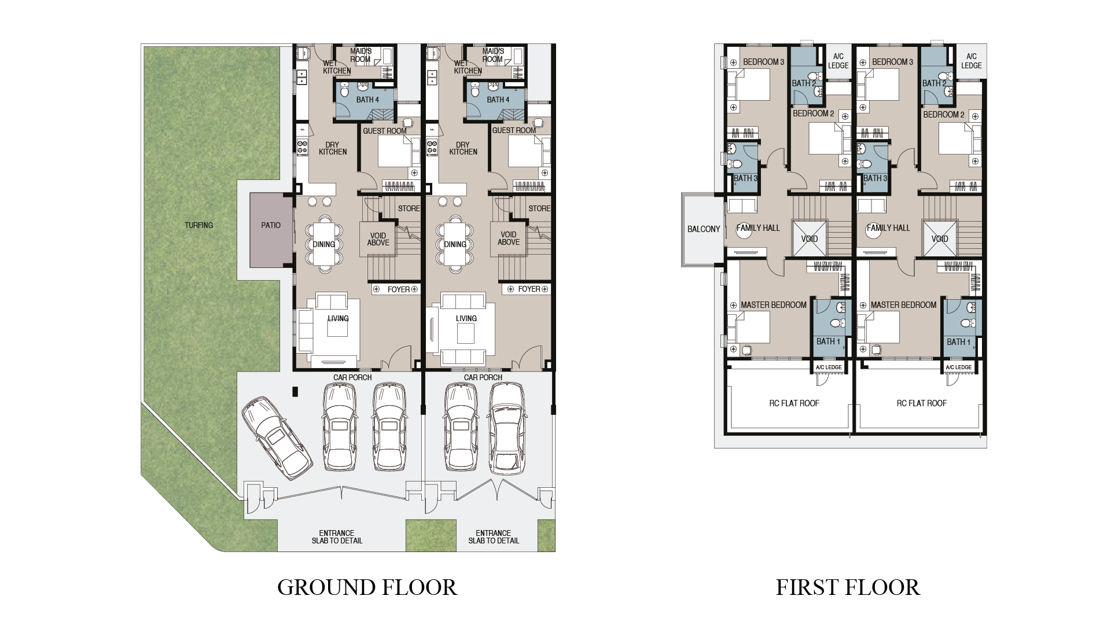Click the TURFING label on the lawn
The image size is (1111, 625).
[x=198, y=225]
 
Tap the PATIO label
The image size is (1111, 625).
[x=270, y=225]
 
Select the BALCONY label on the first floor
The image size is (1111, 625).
[x=704, y=229]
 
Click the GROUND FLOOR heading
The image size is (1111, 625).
[x=367, y=587]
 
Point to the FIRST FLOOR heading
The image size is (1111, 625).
[x=847, y=587]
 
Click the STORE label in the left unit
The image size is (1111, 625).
[x=409, y=208]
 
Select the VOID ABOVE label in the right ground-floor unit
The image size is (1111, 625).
[x=508, y=238]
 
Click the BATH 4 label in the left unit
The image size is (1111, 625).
[x=367, y=100]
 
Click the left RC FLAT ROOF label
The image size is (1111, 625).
[x=794, y=403]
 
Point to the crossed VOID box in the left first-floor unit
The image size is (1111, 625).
[x=809, y=238]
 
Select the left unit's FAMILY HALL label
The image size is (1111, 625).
[x=758, y=228]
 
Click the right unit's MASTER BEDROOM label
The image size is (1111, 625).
[x=903, y=305]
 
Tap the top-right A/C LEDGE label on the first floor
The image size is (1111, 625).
[x=971, y=61]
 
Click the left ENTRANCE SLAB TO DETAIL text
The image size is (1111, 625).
[x=337, y=537]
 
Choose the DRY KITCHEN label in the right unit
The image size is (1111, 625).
[x=463, y=148]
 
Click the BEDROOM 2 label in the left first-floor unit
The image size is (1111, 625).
[x=813, y=113]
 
